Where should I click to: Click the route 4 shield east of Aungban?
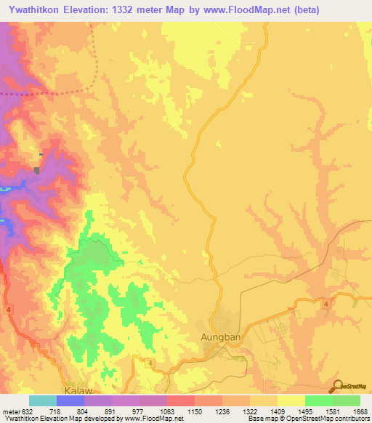click(x=328, y=303)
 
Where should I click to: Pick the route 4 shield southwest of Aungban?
click(x=149, y=363)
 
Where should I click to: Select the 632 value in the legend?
click(x=28, y=411)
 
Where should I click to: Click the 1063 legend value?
click(x=166, y=411)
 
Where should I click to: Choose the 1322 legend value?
click(x=249, y=411)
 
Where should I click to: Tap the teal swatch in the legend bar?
click(x=43, y=400)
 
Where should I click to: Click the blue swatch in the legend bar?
click(x=70, y=400)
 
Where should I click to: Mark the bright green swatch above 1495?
click(x=318, y=400)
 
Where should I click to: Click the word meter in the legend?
click(x=11, y=411)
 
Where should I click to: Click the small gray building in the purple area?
click(x=36, y=170)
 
